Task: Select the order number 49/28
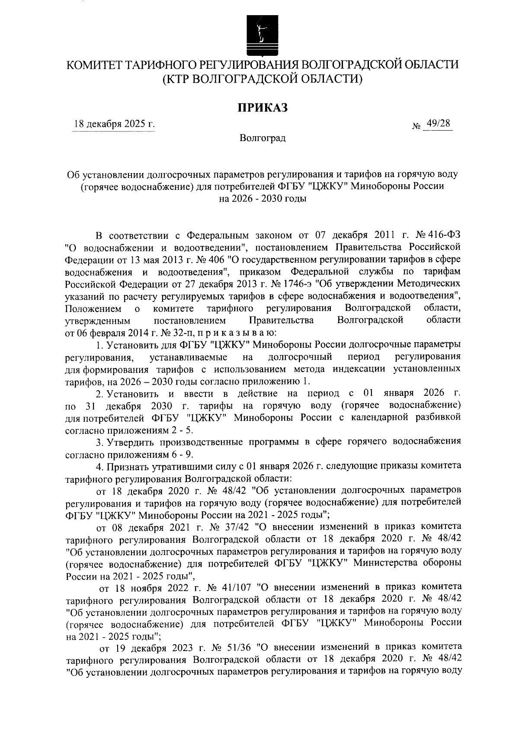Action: click(x=437, y=124)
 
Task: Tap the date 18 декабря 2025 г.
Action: click(x=114, y=125)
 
